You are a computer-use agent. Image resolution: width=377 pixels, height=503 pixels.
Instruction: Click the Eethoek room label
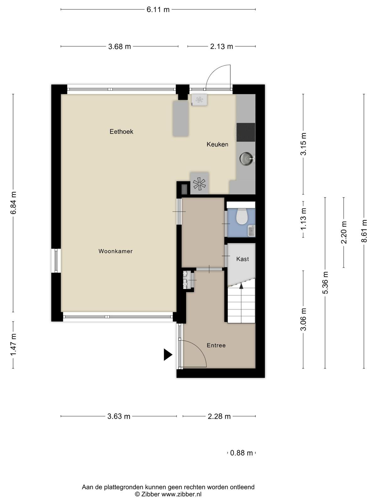point(121,131)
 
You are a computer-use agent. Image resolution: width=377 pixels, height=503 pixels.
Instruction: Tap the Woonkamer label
point(115,251)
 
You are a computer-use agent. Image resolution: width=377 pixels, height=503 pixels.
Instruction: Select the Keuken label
point(217,144)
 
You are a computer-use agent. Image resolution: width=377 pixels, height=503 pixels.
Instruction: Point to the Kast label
point(243,259)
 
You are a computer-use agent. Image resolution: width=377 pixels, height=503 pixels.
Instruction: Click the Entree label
point(216,345)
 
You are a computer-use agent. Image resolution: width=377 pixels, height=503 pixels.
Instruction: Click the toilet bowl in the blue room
point(241,216)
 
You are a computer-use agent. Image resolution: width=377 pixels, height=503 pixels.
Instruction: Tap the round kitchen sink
point(246,158)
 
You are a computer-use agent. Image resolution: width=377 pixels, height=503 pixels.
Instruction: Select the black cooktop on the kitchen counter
point(246,132)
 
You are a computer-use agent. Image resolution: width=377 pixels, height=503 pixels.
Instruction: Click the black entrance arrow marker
point(168,355)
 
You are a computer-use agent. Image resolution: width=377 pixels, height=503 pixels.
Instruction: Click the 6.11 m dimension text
point(158,10)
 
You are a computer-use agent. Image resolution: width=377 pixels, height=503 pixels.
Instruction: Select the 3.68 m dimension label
point(119,47)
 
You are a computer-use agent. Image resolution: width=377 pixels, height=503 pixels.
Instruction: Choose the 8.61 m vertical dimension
point(364,231)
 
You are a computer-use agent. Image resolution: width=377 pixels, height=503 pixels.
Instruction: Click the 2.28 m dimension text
point(219,416)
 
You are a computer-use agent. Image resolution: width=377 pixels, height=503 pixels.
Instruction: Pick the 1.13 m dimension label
point(303,219)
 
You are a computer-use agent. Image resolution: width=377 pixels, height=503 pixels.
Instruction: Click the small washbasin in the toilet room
point(252,230)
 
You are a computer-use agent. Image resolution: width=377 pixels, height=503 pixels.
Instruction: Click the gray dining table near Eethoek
point(181,119)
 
